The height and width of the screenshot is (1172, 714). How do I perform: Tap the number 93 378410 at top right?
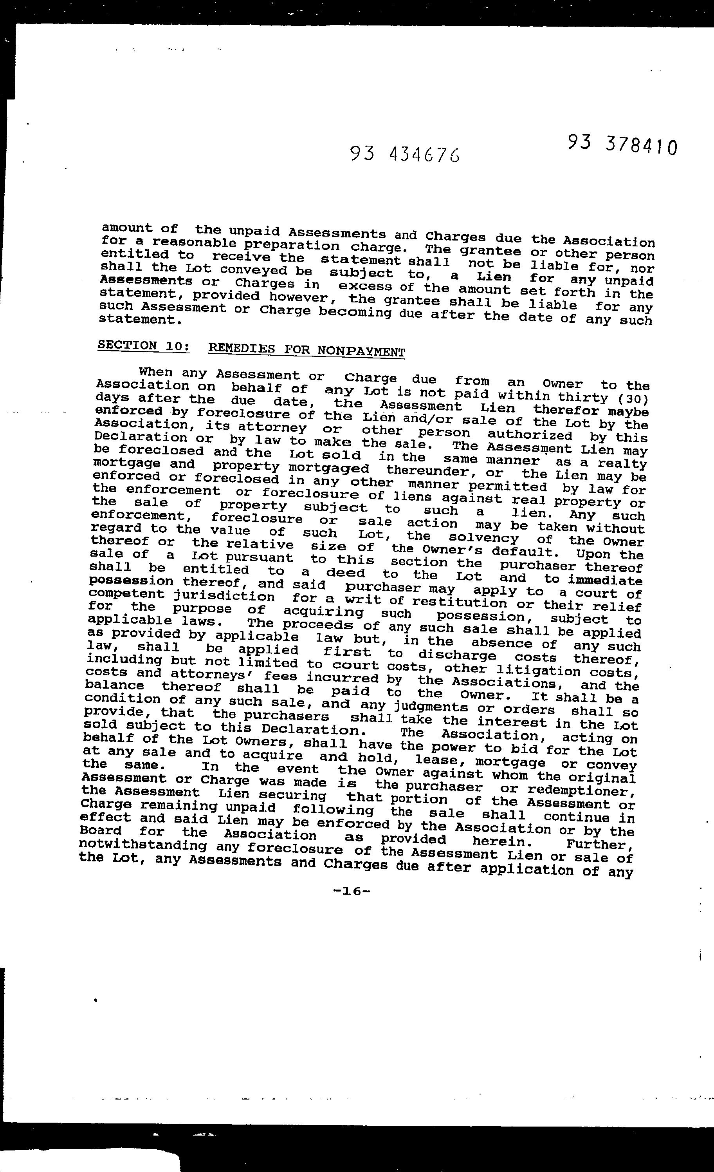(622, 145)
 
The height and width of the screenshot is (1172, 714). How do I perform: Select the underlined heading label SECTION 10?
(144, 345)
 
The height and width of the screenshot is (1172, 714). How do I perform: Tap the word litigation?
(538, 671)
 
